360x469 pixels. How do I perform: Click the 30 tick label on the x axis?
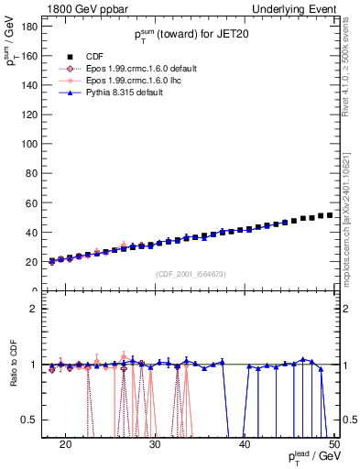point(155,445)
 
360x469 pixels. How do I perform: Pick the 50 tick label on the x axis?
point(333,445)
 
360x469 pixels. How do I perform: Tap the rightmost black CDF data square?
point(330,215)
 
